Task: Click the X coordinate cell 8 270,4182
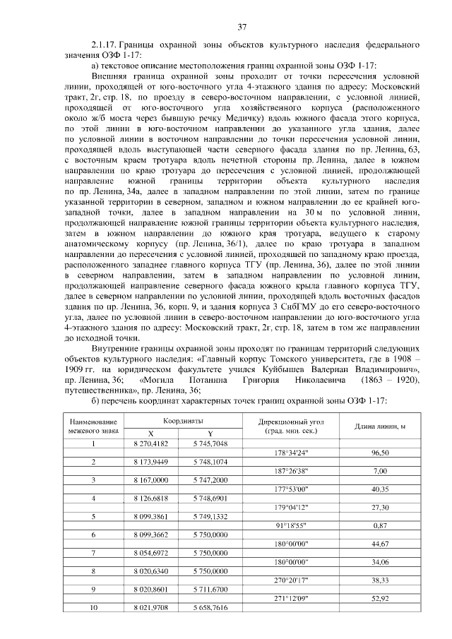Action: click(150, 443)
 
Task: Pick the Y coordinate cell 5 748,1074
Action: click(210, 461)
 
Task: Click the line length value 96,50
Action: click(381, 452)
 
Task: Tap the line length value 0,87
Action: click(381, 525)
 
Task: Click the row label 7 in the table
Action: click(93, 553)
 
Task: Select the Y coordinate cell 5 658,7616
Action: click(210, 608)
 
